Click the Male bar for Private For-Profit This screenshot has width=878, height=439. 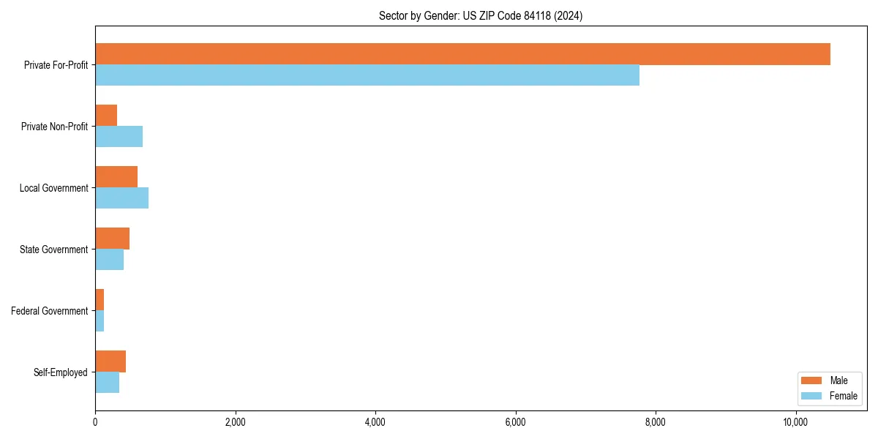coord(462,54)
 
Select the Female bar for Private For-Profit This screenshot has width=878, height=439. coord(367,75)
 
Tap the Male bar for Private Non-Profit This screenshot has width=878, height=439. coord(106,116)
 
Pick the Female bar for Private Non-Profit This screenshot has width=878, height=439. coord(119,137)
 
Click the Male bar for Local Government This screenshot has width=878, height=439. coord(116,177)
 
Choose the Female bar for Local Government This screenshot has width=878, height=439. coord(121,198)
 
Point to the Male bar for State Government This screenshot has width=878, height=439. coord(112,239)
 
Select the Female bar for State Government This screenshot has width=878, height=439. coord(109,260)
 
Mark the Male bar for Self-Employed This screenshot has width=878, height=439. coord(110,361)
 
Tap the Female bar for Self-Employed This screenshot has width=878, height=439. coord(107,383)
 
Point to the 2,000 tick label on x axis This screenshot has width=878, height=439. coord(235,422)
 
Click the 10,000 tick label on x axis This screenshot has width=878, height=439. coord(795,422)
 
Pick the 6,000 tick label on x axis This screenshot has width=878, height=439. coord(515,422)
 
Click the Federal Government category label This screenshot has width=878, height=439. coord(50,311)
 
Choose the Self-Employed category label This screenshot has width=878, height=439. coord(61,372)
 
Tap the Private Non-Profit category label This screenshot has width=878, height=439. coord(54,127)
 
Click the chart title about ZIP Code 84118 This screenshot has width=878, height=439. coord(481,16)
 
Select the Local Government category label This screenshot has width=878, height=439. coord(53,188)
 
